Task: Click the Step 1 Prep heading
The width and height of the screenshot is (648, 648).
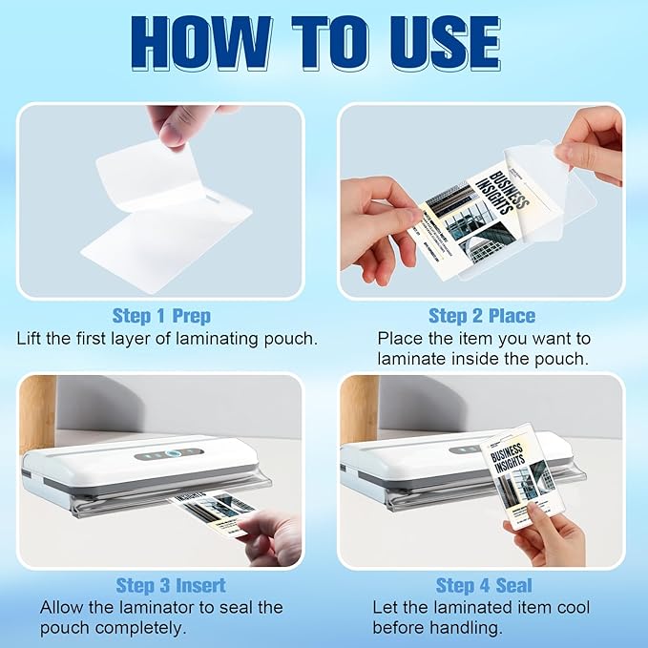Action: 161,316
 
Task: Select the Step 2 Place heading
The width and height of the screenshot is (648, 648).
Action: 482,316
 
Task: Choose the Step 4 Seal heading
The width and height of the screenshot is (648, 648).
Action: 484,585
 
